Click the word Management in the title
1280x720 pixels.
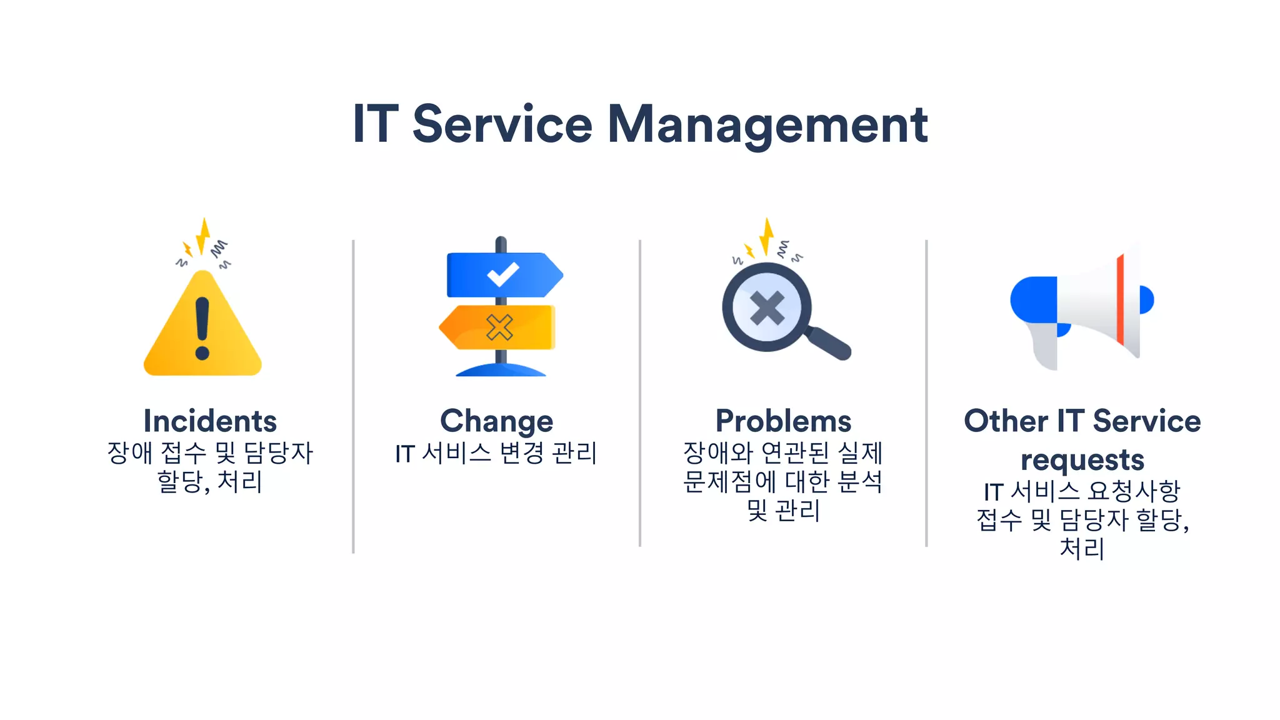[767, 125]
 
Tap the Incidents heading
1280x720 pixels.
[210, 421]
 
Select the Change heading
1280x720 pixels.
[496, 421]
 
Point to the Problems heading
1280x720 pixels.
[783, 421]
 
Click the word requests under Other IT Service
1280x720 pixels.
[1082, 461]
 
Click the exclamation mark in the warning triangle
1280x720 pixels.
[202, 327]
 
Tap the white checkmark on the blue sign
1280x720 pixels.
[502, 274]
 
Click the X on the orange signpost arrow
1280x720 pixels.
[499, 327]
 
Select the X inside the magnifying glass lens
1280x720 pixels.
[767, 307]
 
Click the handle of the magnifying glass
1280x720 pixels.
[829, 344]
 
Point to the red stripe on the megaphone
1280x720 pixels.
[1120, 300]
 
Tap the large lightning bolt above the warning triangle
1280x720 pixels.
[202, 236]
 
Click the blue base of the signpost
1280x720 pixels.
[501, 371]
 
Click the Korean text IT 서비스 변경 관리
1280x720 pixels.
[496, 453]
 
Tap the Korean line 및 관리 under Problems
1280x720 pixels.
[783, 511]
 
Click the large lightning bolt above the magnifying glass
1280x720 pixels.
[766, 236]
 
